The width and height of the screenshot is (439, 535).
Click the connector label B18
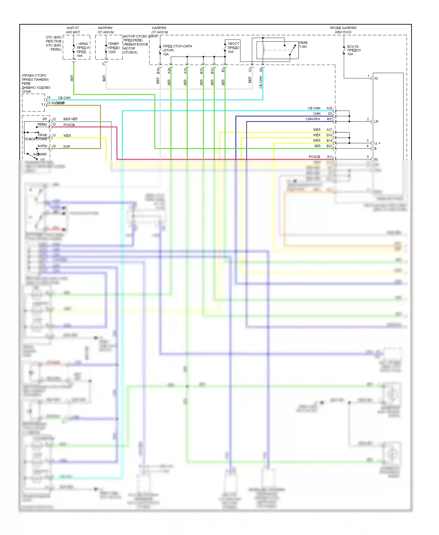[x=158, y=71]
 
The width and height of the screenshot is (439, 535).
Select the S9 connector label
[x=261, y=70]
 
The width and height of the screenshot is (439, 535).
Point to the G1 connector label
[x=250, y=70]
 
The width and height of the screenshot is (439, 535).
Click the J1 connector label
[x=103, y=64]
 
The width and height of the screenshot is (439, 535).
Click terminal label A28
[x=329, y=108]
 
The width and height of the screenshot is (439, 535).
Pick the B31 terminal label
[x=330, y=119]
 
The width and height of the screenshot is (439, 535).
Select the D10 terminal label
[x=329, y=135]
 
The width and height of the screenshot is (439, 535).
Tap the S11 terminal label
[x=330, y=157]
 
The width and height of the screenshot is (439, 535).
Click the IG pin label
[x=376, y=78]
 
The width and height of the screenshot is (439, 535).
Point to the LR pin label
[x=376, y=121]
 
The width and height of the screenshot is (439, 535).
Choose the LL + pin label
[x=377, y=143]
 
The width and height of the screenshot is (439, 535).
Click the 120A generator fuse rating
[x=112, y=52]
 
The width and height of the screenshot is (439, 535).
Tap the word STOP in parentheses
[x=168, y=50]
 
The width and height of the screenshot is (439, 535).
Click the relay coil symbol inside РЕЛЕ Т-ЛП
[x=263, y=50]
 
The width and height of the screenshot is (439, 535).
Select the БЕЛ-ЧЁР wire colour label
[x=70, y=119]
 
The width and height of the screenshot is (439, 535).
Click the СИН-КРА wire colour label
[x=313, y=119]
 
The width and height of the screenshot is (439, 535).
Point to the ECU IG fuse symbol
[x=344, y=50]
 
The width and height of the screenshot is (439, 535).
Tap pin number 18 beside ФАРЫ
[x=54, y=146]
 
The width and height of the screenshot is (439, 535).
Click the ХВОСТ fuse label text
[x=233, y=44]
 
